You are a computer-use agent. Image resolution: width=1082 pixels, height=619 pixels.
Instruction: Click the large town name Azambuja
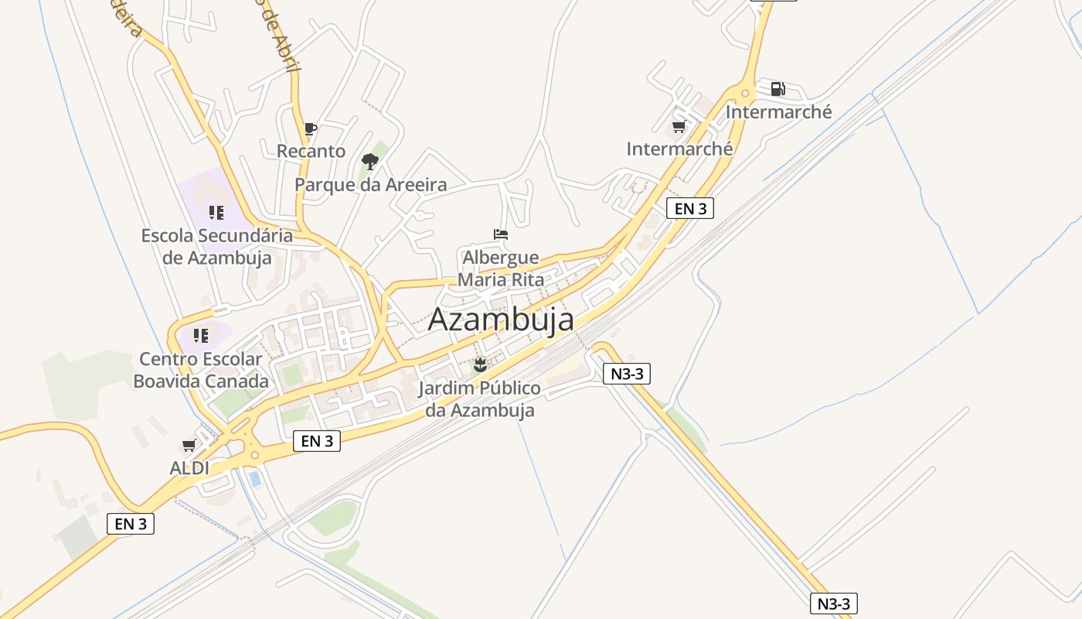pyautogui.click(x=501, y=319)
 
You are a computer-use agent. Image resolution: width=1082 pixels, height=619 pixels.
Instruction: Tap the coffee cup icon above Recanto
pyautogui.click(x=310, y=128)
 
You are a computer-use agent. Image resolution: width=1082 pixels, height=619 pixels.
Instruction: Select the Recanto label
pyautogui.click(x=311, y=151)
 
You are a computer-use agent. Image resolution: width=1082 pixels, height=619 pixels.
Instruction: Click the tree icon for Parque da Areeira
pyautogui.click(x=370, y=162)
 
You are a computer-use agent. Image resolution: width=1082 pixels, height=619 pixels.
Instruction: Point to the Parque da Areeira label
pyautogui.click(x=371, y=185)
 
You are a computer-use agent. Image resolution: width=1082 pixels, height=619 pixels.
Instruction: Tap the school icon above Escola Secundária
pyautogui.click(x=216, y=212)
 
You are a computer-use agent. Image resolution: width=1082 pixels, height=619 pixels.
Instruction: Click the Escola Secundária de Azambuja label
pyautogui.click(x=216, y=246)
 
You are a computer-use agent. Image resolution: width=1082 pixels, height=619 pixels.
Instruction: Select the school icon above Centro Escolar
pyautogui.click(x=201, y=336)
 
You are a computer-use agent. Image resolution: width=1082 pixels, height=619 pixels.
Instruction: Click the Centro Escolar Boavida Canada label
pyautogui.click(x=201, y=370)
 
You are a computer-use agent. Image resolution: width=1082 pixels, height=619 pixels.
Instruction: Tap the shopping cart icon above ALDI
pyautogui.click(x=189, y=445)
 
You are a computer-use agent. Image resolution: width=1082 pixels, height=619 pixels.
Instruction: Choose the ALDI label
pyautogui.click(x=189, y=468)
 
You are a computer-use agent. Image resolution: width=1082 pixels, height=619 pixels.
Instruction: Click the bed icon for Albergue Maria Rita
pyautogui.click(x=501, y=234)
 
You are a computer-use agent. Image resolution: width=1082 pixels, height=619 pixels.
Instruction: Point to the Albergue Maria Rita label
pyautogui.click(x=501, y=268)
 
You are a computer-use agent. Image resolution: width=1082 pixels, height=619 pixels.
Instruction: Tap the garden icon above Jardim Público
pyautogui.click(x=480, y=364)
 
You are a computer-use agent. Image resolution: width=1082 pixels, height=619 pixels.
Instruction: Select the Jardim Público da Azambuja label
pyautogui.click(x=480, y=398)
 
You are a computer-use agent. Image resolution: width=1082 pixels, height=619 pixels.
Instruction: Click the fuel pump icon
pyautogui.click(x=777, y=89)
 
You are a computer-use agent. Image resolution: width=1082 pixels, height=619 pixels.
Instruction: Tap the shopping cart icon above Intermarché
pyautogui.click(x=679, y=126)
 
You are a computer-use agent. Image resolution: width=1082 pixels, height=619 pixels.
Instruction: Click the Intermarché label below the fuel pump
pyautogui.click(x=778, y=112)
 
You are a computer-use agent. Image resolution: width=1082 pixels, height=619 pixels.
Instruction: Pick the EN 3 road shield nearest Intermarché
pyautogui.click(x=689, y=208)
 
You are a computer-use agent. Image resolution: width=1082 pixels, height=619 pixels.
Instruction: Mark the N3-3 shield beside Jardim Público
pyautogui.click(x=627, y=374)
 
